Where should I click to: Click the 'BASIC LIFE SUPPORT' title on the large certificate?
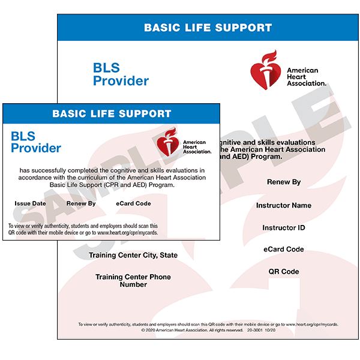pyautogui.click(x=208, y=28)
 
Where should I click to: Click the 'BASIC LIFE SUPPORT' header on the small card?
pyautogui.click(x=112, y=113)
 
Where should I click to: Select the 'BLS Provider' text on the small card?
pyautogui.click(x=36, y=142)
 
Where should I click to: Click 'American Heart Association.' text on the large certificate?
pyautogui.click(x=306, y=77)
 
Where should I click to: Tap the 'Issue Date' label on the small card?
pyautogui.click(x=30, y=203)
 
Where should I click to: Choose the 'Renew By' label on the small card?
pyautogui.click(x=81, y=203)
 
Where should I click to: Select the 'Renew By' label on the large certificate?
pyautogui.click(x=284, y=182)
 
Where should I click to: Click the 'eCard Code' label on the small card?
pyautogui.click(x=133, y=203)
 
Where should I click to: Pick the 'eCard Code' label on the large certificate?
pyautogui.click(x=284, y=249)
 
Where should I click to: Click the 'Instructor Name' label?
pyautogui.click(x=284, y=205)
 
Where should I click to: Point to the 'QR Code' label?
pyautogui.click(x=284, y=272)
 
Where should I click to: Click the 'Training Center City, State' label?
pyautogui.click(x=133, y=255)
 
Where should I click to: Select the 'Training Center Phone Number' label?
pyautogui.click(x=133, y=281)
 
